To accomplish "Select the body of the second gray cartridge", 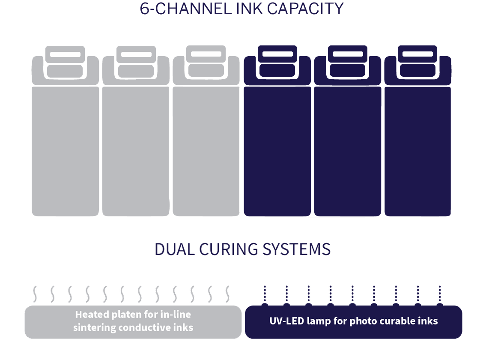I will click(x=136, y=150).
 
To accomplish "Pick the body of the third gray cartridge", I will click(x=206, y=150).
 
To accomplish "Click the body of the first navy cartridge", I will click(x=277, y=150).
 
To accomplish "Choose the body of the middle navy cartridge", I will click(x=347, y=150).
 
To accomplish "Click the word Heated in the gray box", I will click(x=90, y=315).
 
